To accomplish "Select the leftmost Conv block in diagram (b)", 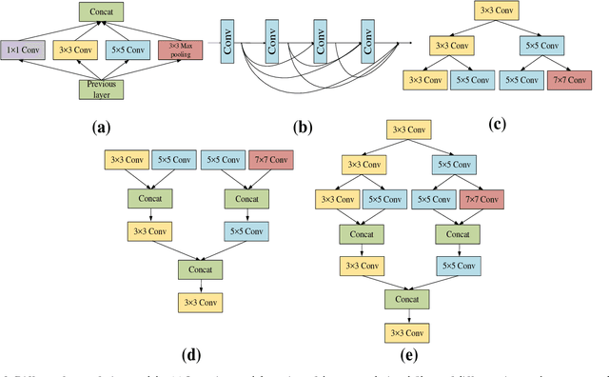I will pyautogui.click(x=227, y=42).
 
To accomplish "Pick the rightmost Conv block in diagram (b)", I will pyautogui.click(x=366, y=42).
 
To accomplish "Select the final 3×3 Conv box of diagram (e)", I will pyautogui.click(x=406, y=332).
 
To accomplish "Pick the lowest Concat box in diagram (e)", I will pyautogui.click(x=406, y=299).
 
